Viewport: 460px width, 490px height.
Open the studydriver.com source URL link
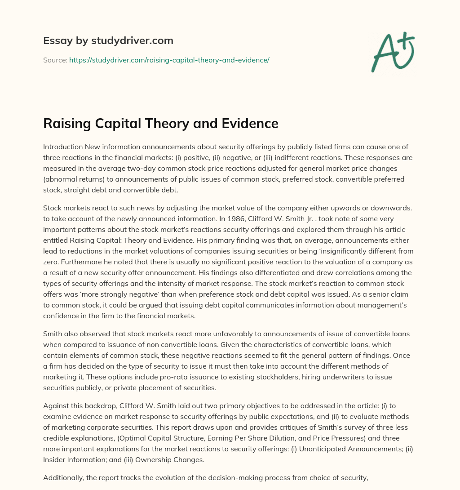point(169,60)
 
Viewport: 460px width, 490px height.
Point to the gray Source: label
point(55,60)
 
